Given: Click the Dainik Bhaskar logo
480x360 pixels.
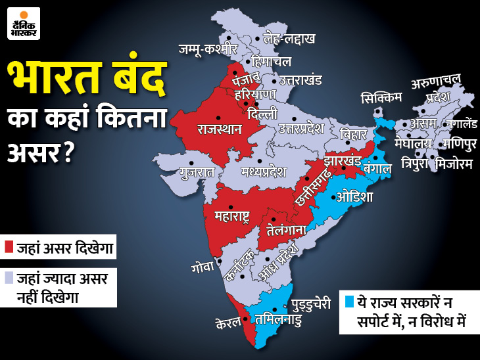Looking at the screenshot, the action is pyautogui.click(x=24, y=24).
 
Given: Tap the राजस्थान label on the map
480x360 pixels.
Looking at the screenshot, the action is pyautogui.click(x=220, y=128).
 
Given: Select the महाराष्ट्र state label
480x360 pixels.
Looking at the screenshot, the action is pyautogui.click(x=232, y=215).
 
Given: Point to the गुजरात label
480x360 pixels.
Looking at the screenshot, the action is pyautogui.click(x=197, y=173).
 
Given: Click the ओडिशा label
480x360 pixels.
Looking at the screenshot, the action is pyautogui.click(x=354, y=196).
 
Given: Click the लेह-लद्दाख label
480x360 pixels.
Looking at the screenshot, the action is pyautogui.click(x=289, y=39).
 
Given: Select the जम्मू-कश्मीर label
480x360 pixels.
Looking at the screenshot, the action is pyautogui.click(x=207, y=49).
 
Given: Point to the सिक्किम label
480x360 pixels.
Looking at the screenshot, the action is pyautogui.click(x=381, y=98).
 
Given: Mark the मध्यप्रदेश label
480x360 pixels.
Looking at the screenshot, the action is pyautogui.click(x=263, y=172).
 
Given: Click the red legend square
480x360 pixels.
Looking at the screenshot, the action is pyautogui.click(x=9, y=247).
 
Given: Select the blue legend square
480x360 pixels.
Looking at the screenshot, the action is pyautogui.click(x=350, y=302).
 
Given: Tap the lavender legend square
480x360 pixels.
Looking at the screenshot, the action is pyautogui.click(x=9, y=278).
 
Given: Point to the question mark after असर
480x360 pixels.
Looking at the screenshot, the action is pyautogui.click(x=66, y=154).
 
